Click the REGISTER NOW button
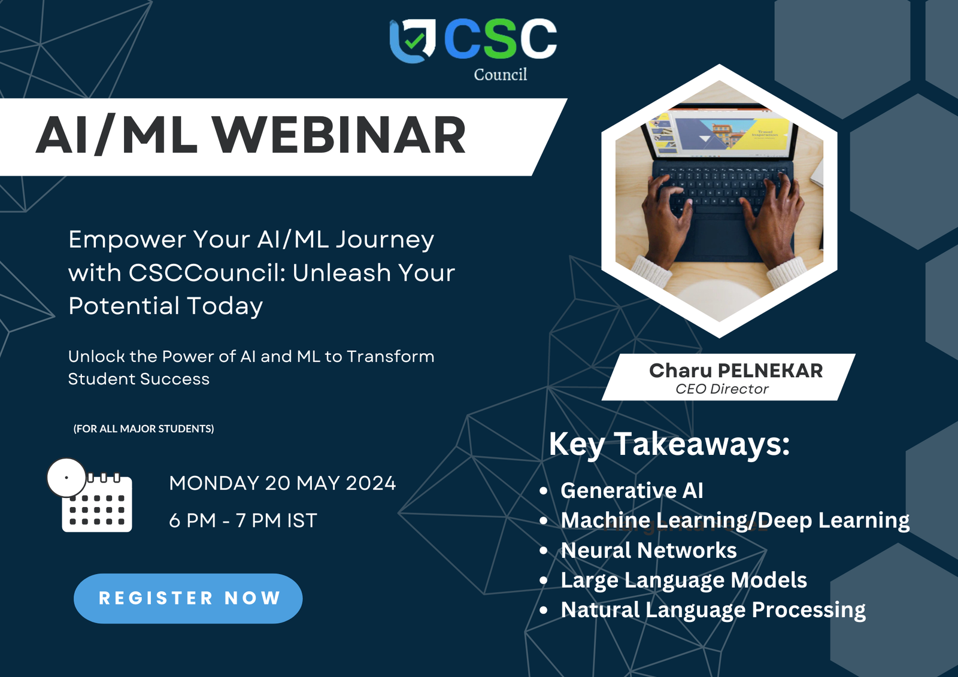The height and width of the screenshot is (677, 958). pos(188,599)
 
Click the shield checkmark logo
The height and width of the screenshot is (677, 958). pos(413,41)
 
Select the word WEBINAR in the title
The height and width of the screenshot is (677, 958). pos(339,135)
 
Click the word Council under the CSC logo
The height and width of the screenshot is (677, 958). pos(501,74)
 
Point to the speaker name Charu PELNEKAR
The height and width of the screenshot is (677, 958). pos(736,371)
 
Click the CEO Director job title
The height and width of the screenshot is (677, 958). pos(722,388)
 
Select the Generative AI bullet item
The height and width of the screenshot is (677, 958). pos(632,490)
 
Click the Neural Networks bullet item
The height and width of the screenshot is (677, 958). pos(648,550)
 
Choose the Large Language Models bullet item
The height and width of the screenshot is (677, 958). pos(683,581)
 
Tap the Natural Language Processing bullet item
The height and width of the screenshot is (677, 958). pos(713,611)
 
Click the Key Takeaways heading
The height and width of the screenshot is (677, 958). pos(669,445)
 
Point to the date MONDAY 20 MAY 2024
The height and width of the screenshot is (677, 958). pos(282,483)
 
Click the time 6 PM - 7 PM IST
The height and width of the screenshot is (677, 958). pos(243,521)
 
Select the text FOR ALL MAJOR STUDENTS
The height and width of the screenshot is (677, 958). pos(144,429)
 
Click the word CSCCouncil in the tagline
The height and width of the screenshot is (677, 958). pos(207,272)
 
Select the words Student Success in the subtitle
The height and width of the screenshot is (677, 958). pos(138,379)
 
